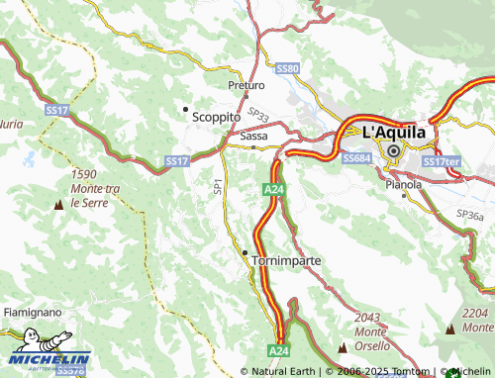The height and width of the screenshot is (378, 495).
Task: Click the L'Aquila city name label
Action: (394, 131)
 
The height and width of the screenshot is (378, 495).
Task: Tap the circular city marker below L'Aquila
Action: (394, 151)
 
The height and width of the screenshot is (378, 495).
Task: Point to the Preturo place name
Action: (245, 85)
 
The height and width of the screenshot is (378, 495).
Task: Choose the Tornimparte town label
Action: (287, 260)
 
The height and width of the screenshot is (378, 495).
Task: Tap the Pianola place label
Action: (404, 183)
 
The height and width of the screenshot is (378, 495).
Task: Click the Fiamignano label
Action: (32, 312)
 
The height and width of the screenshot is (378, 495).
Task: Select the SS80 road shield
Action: (287, 68)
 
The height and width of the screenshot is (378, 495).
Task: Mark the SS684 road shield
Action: (355, 158)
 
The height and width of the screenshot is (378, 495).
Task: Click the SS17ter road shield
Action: (442, 161)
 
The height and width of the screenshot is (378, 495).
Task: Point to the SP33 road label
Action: (258, 116)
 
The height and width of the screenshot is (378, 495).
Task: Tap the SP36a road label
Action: (470, 214)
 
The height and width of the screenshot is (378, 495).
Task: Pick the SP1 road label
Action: (218, 185)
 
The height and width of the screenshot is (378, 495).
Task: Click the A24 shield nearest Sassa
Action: (274, 189)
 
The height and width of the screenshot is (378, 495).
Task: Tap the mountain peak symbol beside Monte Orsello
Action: (343, 347)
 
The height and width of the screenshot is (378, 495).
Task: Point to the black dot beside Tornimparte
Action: (246, 252)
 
